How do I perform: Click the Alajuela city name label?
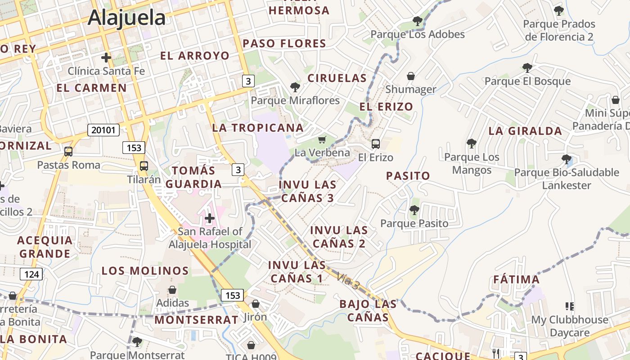[126, 18]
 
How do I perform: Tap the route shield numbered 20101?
[103, 130]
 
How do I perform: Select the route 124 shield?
[31, 274]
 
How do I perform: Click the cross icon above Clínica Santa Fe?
[106, 58]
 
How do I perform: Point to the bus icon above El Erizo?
[375, 144]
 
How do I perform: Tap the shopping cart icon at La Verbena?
[322, 140]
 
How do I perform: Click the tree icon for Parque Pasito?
[414, 210]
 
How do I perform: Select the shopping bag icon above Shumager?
[410, 76]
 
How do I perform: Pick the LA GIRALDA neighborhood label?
[525, 131]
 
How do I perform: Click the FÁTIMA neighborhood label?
[516, 279]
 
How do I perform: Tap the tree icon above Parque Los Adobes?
[417, 21]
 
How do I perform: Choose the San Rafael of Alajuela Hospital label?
[210, 238]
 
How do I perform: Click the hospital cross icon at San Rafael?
[209, 219]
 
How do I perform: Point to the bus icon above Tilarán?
[144, 166]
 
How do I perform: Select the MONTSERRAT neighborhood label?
[196, 320]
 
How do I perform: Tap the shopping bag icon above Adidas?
[172, 290]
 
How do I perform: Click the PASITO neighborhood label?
[408, 176]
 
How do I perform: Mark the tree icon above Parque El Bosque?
[527, 68]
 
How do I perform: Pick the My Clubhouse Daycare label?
[569, 326]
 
